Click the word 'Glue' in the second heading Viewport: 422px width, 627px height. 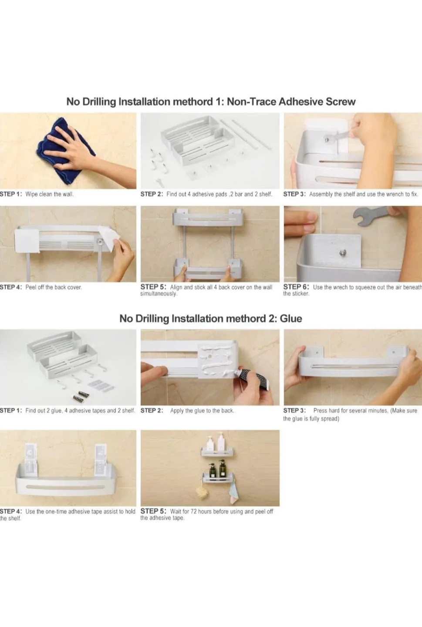click(290, 319)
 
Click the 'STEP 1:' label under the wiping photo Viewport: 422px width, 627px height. click(11, 194)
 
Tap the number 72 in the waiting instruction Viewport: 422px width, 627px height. click(194, 511)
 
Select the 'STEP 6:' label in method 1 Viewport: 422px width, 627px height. click(296, 287)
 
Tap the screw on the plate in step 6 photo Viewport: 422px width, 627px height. click(343, 252)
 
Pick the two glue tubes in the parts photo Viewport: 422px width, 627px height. click(81, 396)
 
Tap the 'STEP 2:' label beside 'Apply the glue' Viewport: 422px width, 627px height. click(152, 411)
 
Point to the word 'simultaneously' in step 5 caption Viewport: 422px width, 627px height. click(159, 294)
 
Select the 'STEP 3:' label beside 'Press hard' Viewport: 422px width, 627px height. click(294, 411)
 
